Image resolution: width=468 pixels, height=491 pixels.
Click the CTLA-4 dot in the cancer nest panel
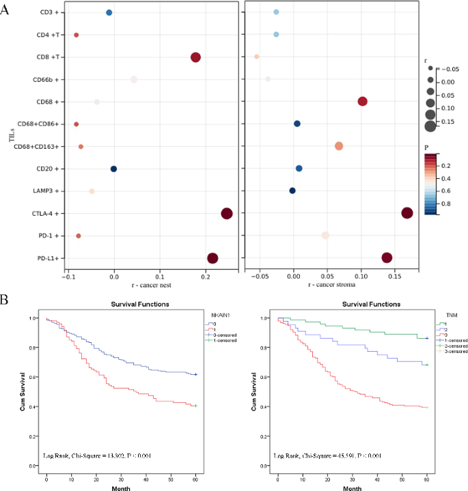[x=227, y=214]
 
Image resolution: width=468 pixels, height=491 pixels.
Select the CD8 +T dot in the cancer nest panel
[x=195, y=57]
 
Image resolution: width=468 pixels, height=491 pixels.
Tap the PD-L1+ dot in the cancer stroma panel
[x=387, y=257]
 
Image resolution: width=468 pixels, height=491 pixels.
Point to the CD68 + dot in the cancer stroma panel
[x=362, y=102]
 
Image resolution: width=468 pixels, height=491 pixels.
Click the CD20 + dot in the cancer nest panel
[x=113, y=169]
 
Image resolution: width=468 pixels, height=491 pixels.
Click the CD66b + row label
[x=49, y=80]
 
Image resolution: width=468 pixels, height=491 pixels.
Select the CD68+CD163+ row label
[x=40, y=147]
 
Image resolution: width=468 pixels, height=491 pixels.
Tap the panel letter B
[x=5, y=299]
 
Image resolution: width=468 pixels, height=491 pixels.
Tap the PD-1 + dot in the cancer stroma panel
[x=325, y=236]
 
